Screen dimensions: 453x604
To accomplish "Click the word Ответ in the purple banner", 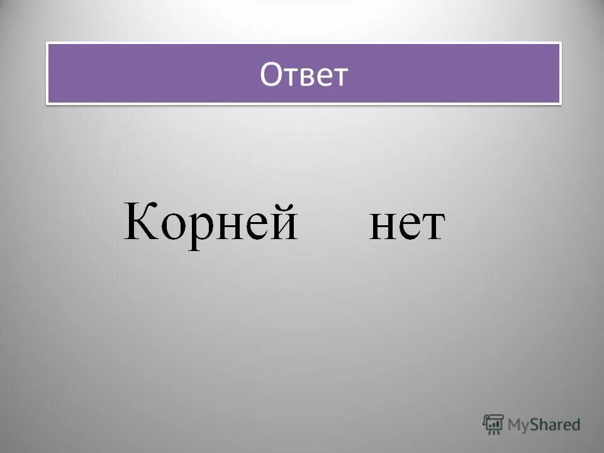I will coord(304,74).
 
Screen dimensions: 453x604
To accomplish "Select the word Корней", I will coord(210,222).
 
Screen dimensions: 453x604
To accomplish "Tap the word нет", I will coord(406,225).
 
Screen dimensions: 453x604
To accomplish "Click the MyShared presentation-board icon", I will coord(493,424).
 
